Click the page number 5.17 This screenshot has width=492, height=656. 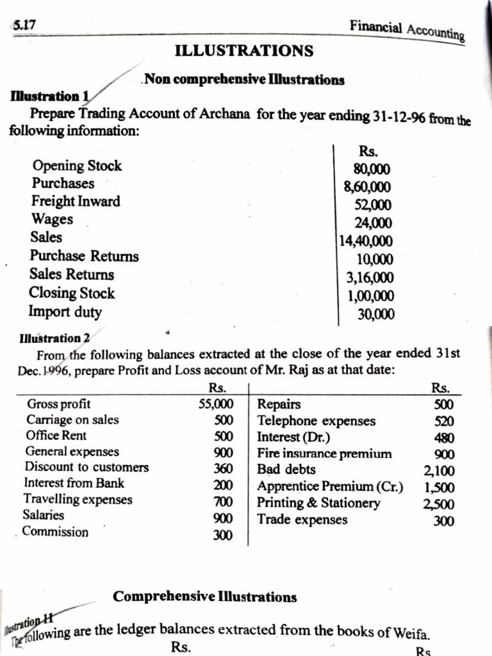(24, 26)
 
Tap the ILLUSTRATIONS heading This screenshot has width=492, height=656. (244, 50)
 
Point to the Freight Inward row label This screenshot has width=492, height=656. (76, 201)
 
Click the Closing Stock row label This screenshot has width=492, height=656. (72, 293)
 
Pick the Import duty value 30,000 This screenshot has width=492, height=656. (376, 314)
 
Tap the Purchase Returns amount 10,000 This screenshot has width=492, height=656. (375, 259)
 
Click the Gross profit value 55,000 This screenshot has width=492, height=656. (216, 404)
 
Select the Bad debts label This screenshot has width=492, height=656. (286, 470)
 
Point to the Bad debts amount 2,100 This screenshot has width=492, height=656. (439, 471)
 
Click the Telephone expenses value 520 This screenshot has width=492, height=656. (444, 422)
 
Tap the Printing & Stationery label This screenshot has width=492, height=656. (318, 503)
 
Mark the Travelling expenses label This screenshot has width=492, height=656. (78, 498)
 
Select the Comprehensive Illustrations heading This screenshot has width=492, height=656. (205, 597)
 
